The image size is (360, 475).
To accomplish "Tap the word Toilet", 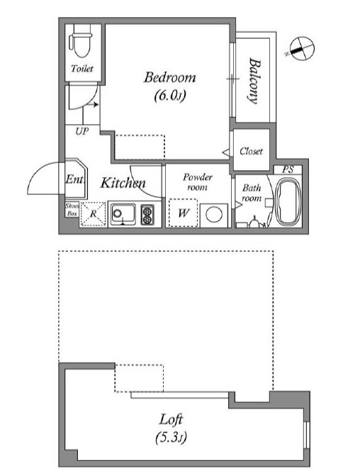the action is [x=82, y=69].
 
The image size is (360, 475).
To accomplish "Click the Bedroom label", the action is [x=169, y=77].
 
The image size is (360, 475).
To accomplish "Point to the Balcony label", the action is [x=254, y=81].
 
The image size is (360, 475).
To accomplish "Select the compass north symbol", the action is [x=302, y=49].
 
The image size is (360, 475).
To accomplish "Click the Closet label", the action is [x=251, y=151].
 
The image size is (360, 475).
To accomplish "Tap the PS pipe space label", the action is [x=288, y=169].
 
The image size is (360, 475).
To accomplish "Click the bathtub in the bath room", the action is [x=288, y=201].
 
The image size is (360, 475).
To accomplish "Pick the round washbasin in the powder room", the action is [x=214, y=215].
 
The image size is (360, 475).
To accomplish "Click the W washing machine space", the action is [x=183, y=213].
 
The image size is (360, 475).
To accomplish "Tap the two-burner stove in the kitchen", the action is [x=147, y=215].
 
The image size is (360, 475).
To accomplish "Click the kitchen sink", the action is [x=123, y=215].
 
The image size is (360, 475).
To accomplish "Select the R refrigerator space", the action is [x=93, y=214].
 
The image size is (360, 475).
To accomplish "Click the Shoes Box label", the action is [x=72, y=210].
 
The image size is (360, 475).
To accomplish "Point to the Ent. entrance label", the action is [x=74, y=179].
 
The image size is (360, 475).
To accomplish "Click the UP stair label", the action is [x=81, y=131].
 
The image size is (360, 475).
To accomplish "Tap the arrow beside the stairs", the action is [x=91, y=105].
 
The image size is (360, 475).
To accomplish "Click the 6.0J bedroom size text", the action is [x=169, y=96].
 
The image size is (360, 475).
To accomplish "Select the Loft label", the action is [x=171, y=420].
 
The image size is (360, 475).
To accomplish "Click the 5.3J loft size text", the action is [x=171, y=437].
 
